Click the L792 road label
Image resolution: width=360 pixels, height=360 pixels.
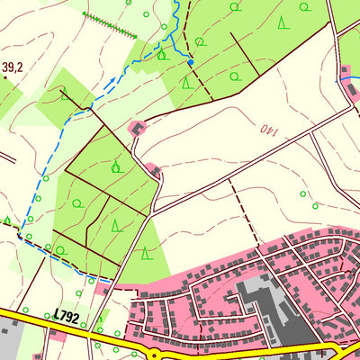[67, 315]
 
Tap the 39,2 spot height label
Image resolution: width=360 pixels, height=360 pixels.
[13, 67]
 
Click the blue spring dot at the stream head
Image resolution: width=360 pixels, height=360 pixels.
[190, 62]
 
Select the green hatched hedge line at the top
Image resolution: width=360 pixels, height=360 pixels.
[109, 26]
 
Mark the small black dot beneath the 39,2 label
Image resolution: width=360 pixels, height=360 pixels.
[5, 78]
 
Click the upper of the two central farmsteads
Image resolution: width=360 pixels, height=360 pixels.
[137, 129]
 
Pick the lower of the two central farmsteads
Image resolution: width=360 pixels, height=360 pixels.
[155, 169]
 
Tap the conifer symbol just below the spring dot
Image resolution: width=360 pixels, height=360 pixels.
[186, 82]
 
